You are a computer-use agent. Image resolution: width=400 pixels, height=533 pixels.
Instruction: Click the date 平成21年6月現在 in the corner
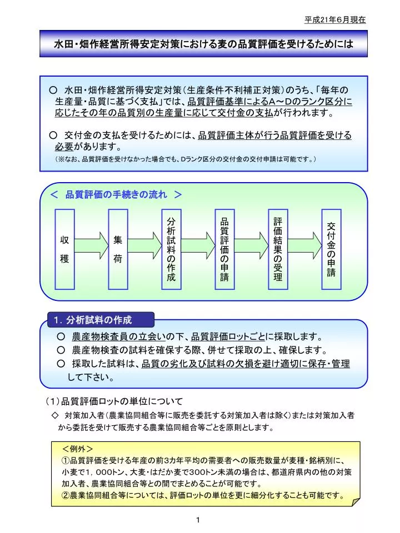335,19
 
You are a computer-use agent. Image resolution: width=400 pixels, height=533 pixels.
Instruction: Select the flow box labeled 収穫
64,249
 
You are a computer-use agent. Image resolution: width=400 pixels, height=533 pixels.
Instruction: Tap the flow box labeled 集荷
118,249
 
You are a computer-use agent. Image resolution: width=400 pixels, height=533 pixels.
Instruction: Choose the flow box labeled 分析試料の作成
171,249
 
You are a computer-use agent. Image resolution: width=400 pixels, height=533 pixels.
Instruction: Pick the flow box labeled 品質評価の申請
224,249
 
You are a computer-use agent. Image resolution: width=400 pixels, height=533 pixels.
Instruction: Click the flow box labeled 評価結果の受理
278,249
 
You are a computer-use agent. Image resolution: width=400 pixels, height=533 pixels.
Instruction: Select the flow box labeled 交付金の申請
332,249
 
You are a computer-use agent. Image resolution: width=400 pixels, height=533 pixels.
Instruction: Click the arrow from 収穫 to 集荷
91,242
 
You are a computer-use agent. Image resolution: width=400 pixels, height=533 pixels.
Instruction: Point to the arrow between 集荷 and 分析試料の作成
144,242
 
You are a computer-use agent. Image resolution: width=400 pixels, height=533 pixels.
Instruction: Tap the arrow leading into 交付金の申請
305,242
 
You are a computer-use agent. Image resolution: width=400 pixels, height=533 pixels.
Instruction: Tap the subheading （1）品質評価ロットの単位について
114,401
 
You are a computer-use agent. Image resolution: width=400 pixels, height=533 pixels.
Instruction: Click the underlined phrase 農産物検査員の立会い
114,337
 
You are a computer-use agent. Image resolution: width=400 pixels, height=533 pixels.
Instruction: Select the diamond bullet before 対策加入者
54,415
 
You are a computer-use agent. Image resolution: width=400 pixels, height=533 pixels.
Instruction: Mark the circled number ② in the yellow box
66,495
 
